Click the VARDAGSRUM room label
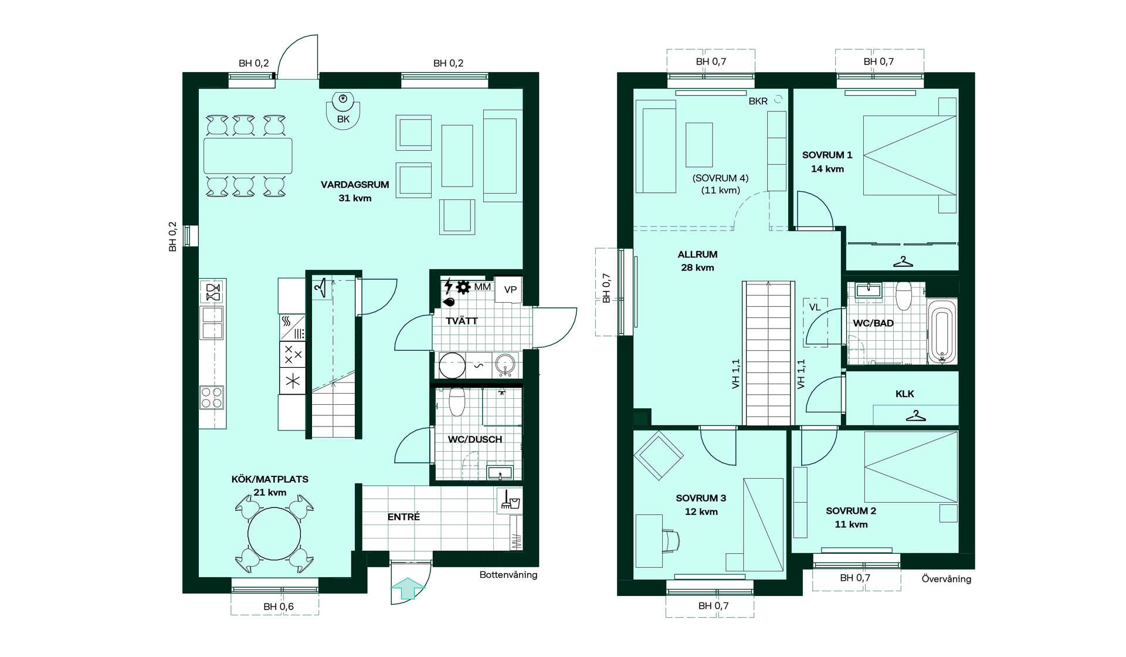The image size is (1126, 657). click(355, 184)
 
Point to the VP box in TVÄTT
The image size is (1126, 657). click(510, 290)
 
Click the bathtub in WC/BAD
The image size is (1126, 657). click(942, 333)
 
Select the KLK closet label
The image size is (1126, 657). click(904, 394)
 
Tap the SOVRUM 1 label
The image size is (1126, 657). click(827, 155)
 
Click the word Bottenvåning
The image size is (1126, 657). click(508, 575)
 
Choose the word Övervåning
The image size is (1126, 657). click(946, 579)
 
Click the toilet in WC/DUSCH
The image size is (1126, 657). click(457, 400)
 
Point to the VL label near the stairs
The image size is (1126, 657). click(815, 307)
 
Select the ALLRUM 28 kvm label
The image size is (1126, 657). click(697, 261)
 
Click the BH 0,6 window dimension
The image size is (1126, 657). click(279, 607)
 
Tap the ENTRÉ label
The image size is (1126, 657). click(403, 517)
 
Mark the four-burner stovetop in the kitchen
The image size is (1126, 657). click(212, 397)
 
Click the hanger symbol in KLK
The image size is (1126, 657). click(915, 416)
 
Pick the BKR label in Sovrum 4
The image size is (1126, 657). click(758, 101)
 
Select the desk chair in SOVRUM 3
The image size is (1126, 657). click(671, 540)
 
